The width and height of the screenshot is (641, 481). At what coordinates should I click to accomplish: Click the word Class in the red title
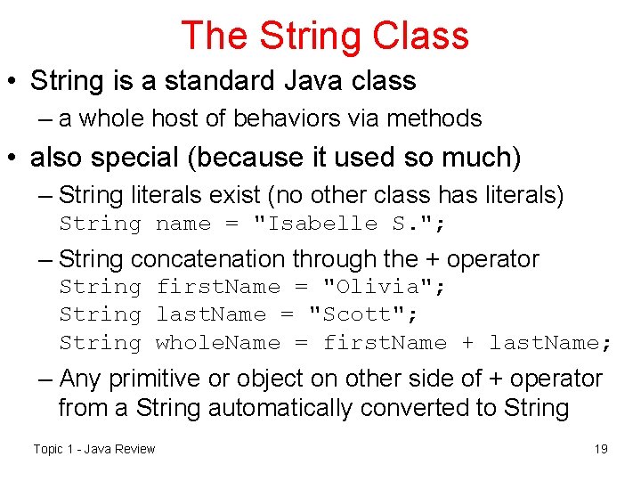pos(420,36)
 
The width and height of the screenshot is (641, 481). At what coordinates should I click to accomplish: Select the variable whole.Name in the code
pos(217,343)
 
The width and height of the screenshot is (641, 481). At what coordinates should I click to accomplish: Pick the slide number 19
pos(601,449)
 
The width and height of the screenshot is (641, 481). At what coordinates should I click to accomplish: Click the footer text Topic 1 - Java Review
pos(93,449)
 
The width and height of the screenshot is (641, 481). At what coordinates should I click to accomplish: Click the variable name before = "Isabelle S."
pos(183,223)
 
